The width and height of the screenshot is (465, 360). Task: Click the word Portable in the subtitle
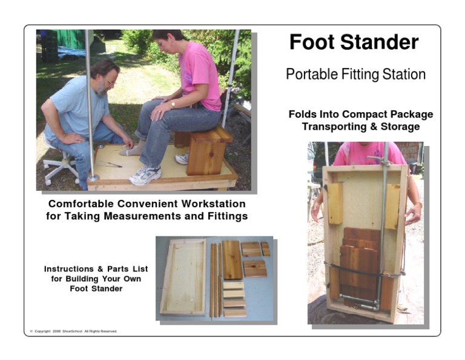pos(312,75)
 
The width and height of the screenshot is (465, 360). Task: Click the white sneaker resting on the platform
pos(145,175)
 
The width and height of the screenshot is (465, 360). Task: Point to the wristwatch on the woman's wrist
pos(173,104)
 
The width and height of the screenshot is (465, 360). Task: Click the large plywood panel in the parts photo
pos(183,277)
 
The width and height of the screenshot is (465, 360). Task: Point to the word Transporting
pos(332,127)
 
